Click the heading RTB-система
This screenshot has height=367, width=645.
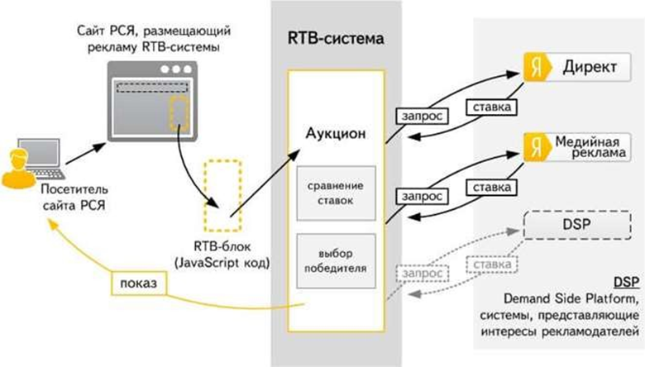(335, 38)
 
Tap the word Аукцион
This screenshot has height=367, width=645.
(336, 132)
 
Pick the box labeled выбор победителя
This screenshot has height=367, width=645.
(335, 259)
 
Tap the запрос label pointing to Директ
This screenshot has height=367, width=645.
(422, 117)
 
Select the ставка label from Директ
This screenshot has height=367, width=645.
(491, 108)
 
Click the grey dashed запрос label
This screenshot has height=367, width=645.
(422, 271)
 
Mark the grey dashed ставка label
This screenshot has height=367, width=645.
(491, 263)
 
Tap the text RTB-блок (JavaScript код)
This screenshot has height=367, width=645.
(222, 255)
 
